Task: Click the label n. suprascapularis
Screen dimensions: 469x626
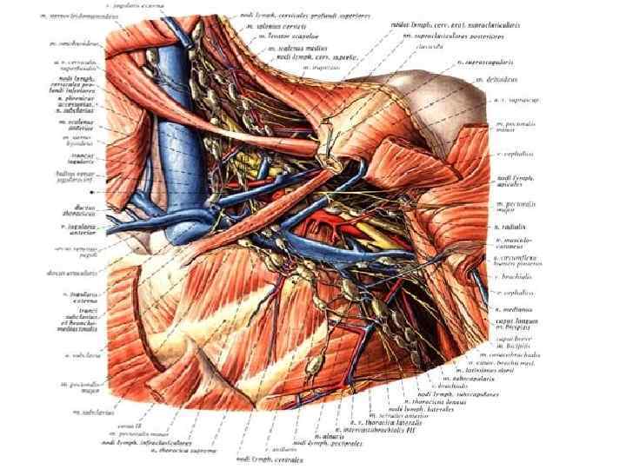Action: [x=486, y=63]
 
